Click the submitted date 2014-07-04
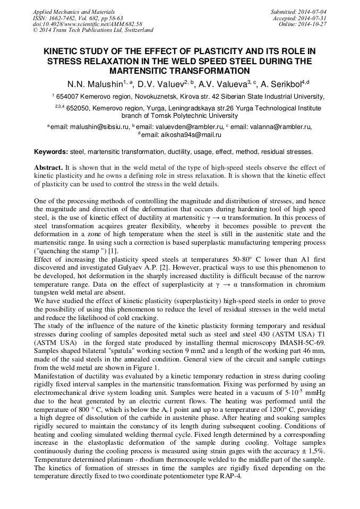coord(312,11)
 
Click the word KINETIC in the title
coord(65,51)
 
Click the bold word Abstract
coord(48,167)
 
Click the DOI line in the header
coord(88,24)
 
